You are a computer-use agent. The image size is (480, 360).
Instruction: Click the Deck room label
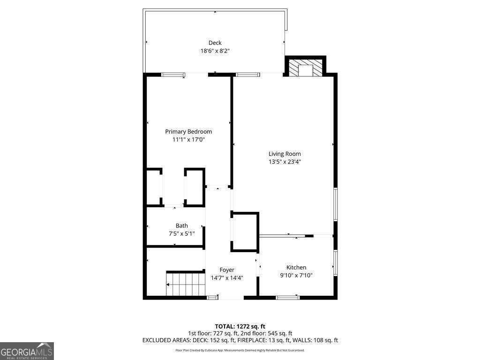(x=215, y=43)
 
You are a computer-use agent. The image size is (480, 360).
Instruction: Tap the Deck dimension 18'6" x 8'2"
(x=215, y=51)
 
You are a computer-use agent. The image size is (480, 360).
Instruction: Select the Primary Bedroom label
(x=188, y=132)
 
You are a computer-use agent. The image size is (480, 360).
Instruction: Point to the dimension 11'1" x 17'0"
(x=188, y=140)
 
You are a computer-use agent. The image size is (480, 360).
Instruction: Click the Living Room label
(x=285, y=154)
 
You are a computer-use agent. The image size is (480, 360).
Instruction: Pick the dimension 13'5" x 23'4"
(x=285, y=162)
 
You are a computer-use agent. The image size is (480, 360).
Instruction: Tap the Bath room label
(x=182, y=225)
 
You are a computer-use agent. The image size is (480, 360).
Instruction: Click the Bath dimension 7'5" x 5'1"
(x=182, y=233)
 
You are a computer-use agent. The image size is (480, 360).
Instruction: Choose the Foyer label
(x=227, y=270)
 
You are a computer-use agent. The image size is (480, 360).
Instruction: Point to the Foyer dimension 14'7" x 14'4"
(x=227, y=278)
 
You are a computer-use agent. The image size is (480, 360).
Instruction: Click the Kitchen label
(x=296, y=267)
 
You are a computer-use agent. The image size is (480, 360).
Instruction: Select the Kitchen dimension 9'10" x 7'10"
(x=296, y=275)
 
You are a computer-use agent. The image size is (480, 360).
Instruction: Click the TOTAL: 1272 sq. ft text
(x=240, y=326)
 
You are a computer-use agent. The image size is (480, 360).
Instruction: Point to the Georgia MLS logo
(x=27, y=351)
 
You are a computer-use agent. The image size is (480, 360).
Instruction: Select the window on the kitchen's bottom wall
(x=287, y=297)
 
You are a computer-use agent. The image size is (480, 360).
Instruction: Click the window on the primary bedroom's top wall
(x=173, y=75)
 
